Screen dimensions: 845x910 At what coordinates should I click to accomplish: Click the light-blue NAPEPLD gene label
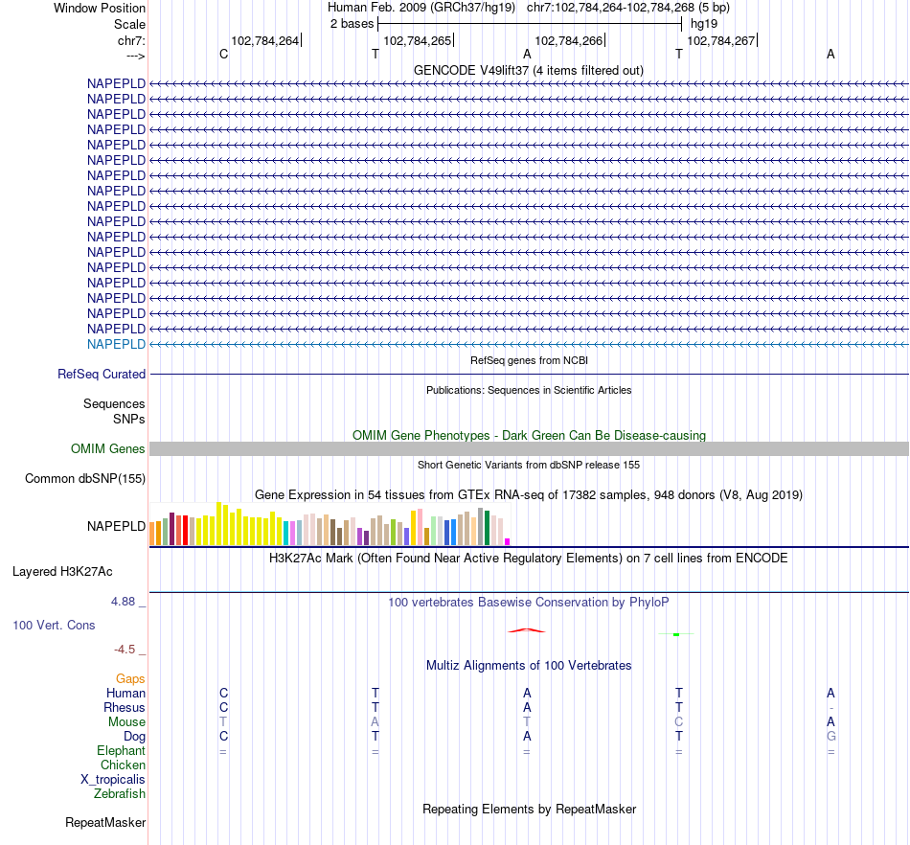tap(116, 344)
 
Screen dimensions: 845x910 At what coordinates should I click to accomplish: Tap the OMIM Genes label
tap(108, 449)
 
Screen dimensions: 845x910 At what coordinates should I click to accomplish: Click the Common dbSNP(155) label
tap(85, 479)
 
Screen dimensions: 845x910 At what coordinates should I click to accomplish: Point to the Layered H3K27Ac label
tap(62, 572)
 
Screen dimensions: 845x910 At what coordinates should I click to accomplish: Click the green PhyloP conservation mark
tap(676, 634)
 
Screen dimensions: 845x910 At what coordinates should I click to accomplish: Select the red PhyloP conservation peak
tap(526, 629)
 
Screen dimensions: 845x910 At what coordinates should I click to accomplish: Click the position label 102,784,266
tap(569, 41)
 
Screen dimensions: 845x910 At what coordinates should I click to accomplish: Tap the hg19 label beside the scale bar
tap(704, 23)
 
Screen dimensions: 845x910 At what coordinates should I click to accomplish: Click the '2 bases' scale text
tap(352, 23)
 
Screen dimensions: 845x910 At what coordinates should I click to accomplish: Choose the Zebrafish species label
tap(120, 794)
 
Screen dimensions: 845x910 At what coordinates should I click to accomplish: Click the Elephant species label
tap(122, 751)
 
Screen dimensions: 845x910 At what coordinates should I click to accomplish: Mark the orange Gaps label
tap(130, 678)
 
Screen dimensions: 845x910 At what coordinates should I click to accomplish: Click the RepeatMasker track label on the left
tap(105, 823)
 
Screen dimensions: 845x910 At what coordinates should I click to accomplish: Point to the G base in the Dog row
tap(830, 737)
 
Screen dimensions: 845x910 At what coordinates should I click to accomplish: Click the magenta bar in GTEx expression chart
tap(508, 541)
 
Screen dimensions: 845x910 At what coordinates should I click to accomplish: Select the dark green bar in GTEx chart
tap(487, 528)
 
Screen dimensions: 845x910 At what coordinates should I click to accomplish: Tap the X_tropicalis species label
tap(113, 780)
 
